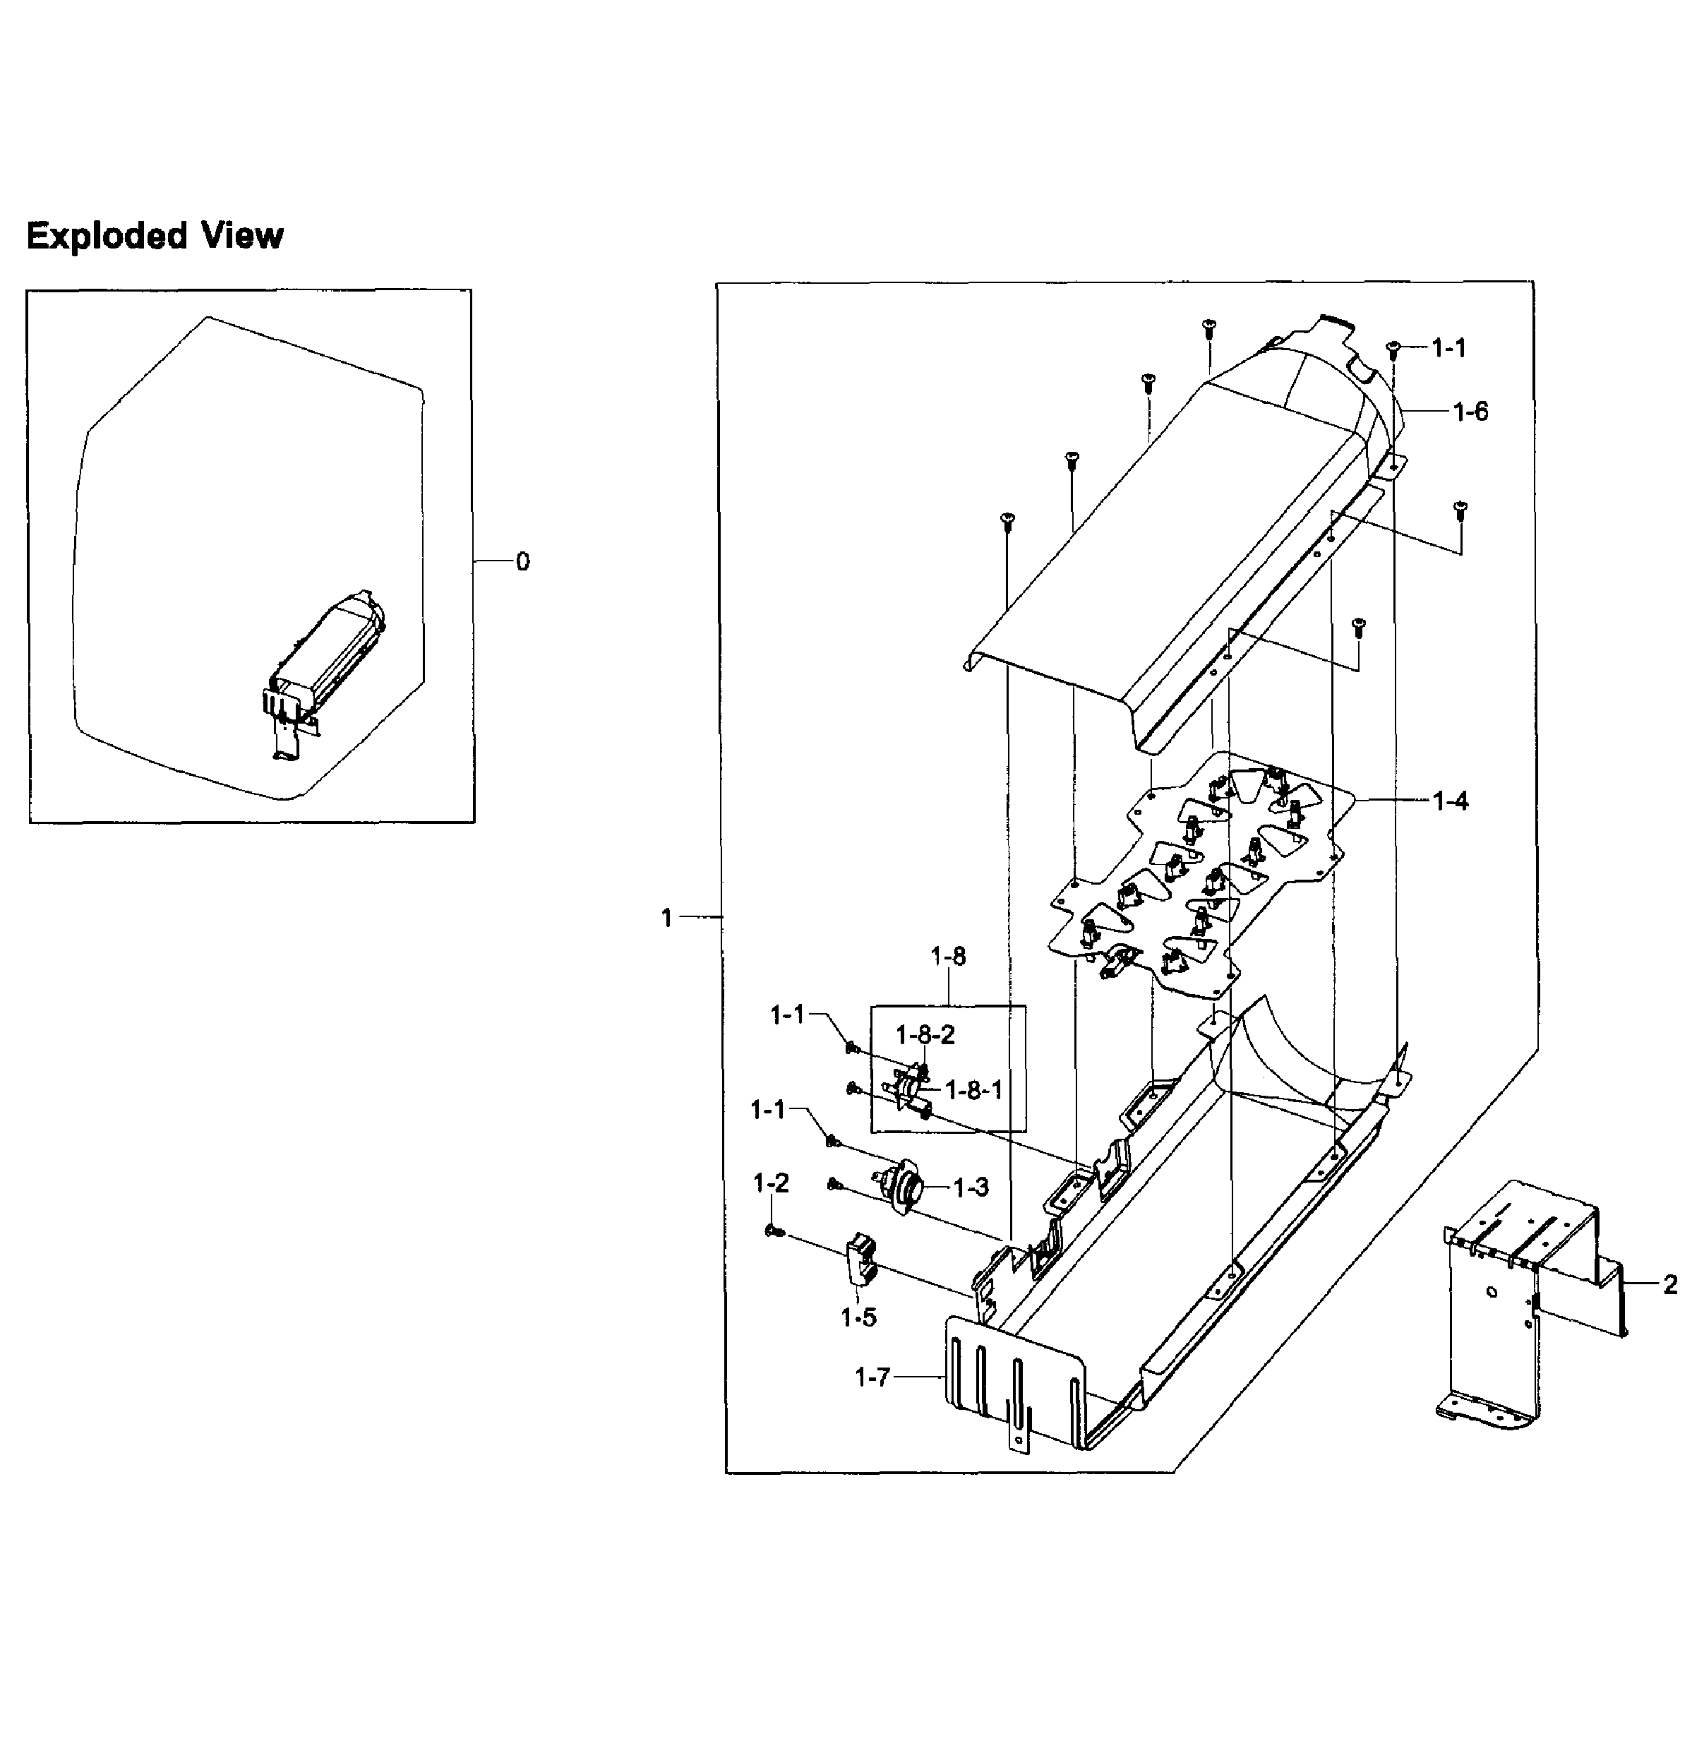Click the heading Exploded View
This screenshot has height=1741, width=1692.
click(x=155, y=237)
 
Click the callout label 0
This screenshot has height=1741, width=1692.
click(x=522, y=562)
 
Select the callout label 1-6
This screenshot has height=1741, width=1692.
click(x=1471, y=412)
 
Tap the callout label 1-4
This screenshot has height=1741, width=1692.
click(x=1451, y=801)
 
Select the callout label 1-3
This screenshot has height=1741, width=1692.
click(x=971, y=1187)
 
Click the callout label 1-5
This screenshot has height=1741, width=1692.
click(x=858, y=1317)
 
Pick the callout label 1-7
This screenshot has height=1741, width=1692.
click(x=872, y=1377)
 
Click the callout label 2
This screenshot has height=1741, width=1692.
click(x=1670, y=1284)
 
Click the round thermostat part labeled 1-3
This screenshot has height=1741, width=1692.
click(x=902, y=1187)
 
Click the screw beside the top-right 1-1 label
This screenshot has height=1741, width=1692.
click(x=1393, y=347)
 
